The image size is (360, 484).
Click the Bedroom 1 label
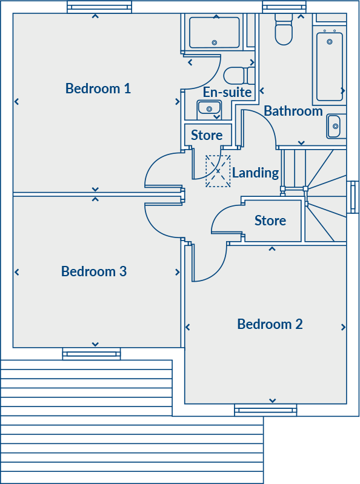tap(98, 88)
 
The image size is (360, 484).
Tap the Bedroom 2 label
tap(270, 324)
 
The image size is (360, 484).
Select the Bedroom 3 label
tap(94, 271)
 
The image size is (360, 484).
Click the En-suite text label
tap(227, 92)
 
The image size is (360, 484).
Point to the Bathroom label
tap(293, 111)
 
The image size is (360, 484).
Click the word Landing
tap(255, 173)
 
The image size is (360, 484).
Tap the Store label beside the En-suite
tap(207, 135)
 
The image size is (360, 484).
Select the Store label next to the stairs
tap(270, 220)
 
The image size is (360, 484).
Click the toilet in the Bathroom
tap(284, 30)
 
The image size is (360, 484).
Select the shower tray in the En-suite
tap(215, 33)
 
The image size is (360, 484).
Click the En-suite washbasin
tap(209, 110)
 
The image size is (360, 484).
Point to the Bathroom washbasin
tap(334, 126)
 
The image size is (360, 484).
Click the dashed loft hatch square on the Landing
tap(218, 171)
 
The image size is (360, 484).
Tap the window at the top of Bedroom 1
tap(99, 8)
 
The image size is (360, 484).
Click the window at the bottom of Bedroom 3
tap(91, 353)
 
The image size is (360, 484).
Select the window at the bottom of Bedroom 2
tap(266, 410)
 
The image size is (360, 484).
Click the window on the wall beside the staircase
tap(353, 197)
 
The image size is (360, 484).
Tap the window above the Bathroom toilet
tap(284, 7)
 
